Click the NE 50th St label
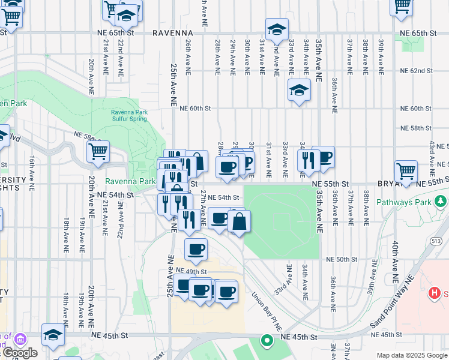tap(342, 259)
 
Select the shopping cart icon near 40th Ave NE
tap(406, 171)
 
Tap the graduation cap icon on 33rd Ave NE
tap(299, 90)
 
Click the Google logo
tap(19, 353)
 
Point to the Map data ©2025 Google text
tap(412, 355)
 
